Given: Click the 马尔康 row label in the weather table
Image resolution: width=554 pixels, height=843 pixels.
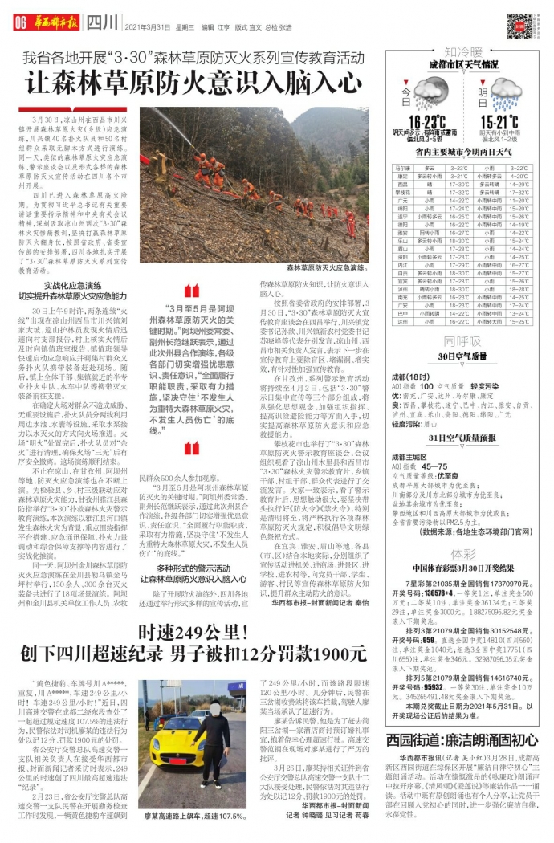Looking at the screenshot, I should pos(405,169).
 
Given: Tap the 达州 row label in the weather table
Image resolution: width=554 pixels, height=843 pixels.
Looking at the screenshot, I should pos(405,321).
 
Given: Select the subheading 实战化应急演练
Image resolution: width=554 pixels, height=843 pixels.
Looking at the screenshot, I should pos(72,285).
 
